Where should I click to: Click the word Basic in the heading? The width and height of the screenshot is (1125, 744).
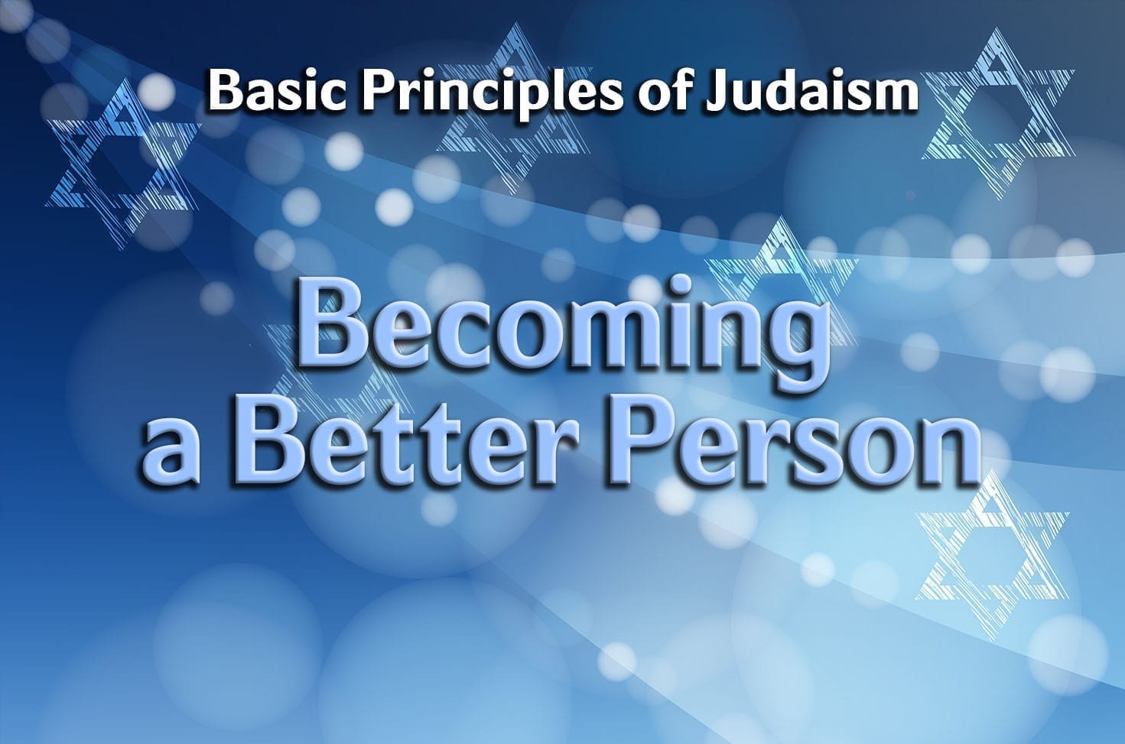tap(277, 91)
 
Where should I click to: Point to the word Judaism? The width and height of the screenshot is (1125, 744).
tap(811, 91)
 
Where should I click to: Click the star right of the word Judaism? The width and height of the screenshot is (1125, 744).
tap(997, 115)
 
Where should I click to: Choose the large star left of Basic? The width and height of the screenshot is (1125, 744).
tap(123, 161)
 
